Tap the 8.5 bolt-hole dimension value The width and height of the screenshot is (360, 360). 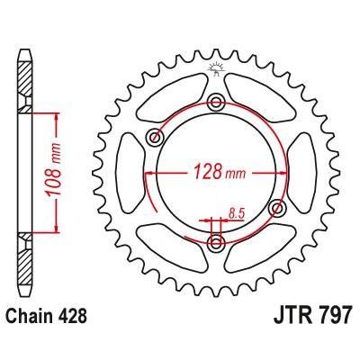point(238,212)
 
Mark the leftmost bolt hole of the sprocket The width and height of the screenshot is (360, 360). point(155,137)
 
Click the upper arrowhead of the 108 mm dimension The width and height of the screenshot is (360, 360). point(57,117)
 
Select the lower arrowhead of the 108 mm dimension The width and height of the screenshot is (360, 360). point(57,227)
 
